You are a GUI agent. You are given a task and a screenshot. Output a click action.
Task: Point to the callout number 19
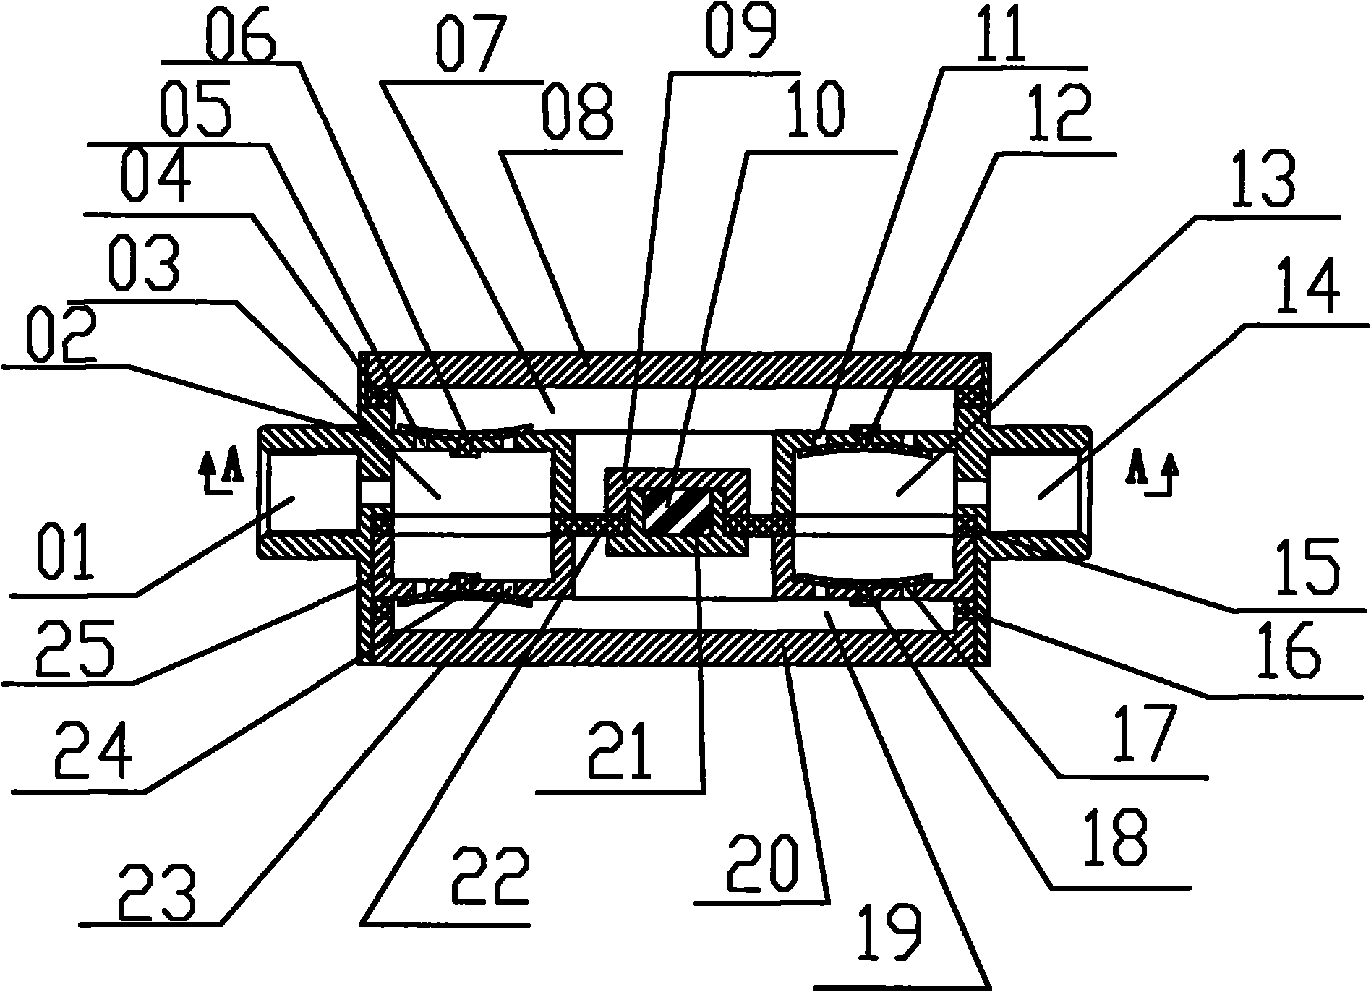click(x=889, y=941)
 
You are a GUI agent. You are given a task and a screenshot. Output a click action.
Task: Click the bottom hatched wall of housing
click(x=675, y=646)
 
